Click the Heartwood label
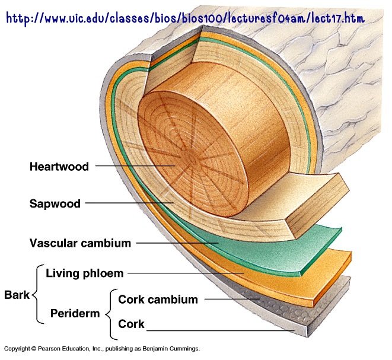[x=59, y=167]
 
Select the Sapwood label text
[x=55, y=204]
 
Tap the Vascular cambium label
[x=80, y=243]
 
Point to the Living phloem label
[x=84, y=273]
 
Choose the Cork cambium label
[x=158, y=300]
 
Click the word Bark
[x=17, y=295]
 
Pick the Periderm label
[x=75, y=314]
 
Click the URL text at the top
[x=185, y=18]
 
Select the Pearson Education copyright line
[x=102, y=349]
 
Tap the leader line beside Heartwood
[x=135, y=165]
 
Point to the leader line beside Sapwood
[x=129, y=203]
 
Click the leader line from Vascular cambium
[x=177, y=243]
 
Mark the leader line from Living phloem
[x=186, y=273]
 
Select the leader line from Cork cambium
[x=232, y=299]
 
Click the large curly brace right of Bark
[x=37, y=294]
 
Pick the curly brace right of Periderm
[x=111, y=314]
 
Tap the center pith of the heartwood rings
[x=190, y=158]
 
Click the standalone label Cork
[x=131, y=324]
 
